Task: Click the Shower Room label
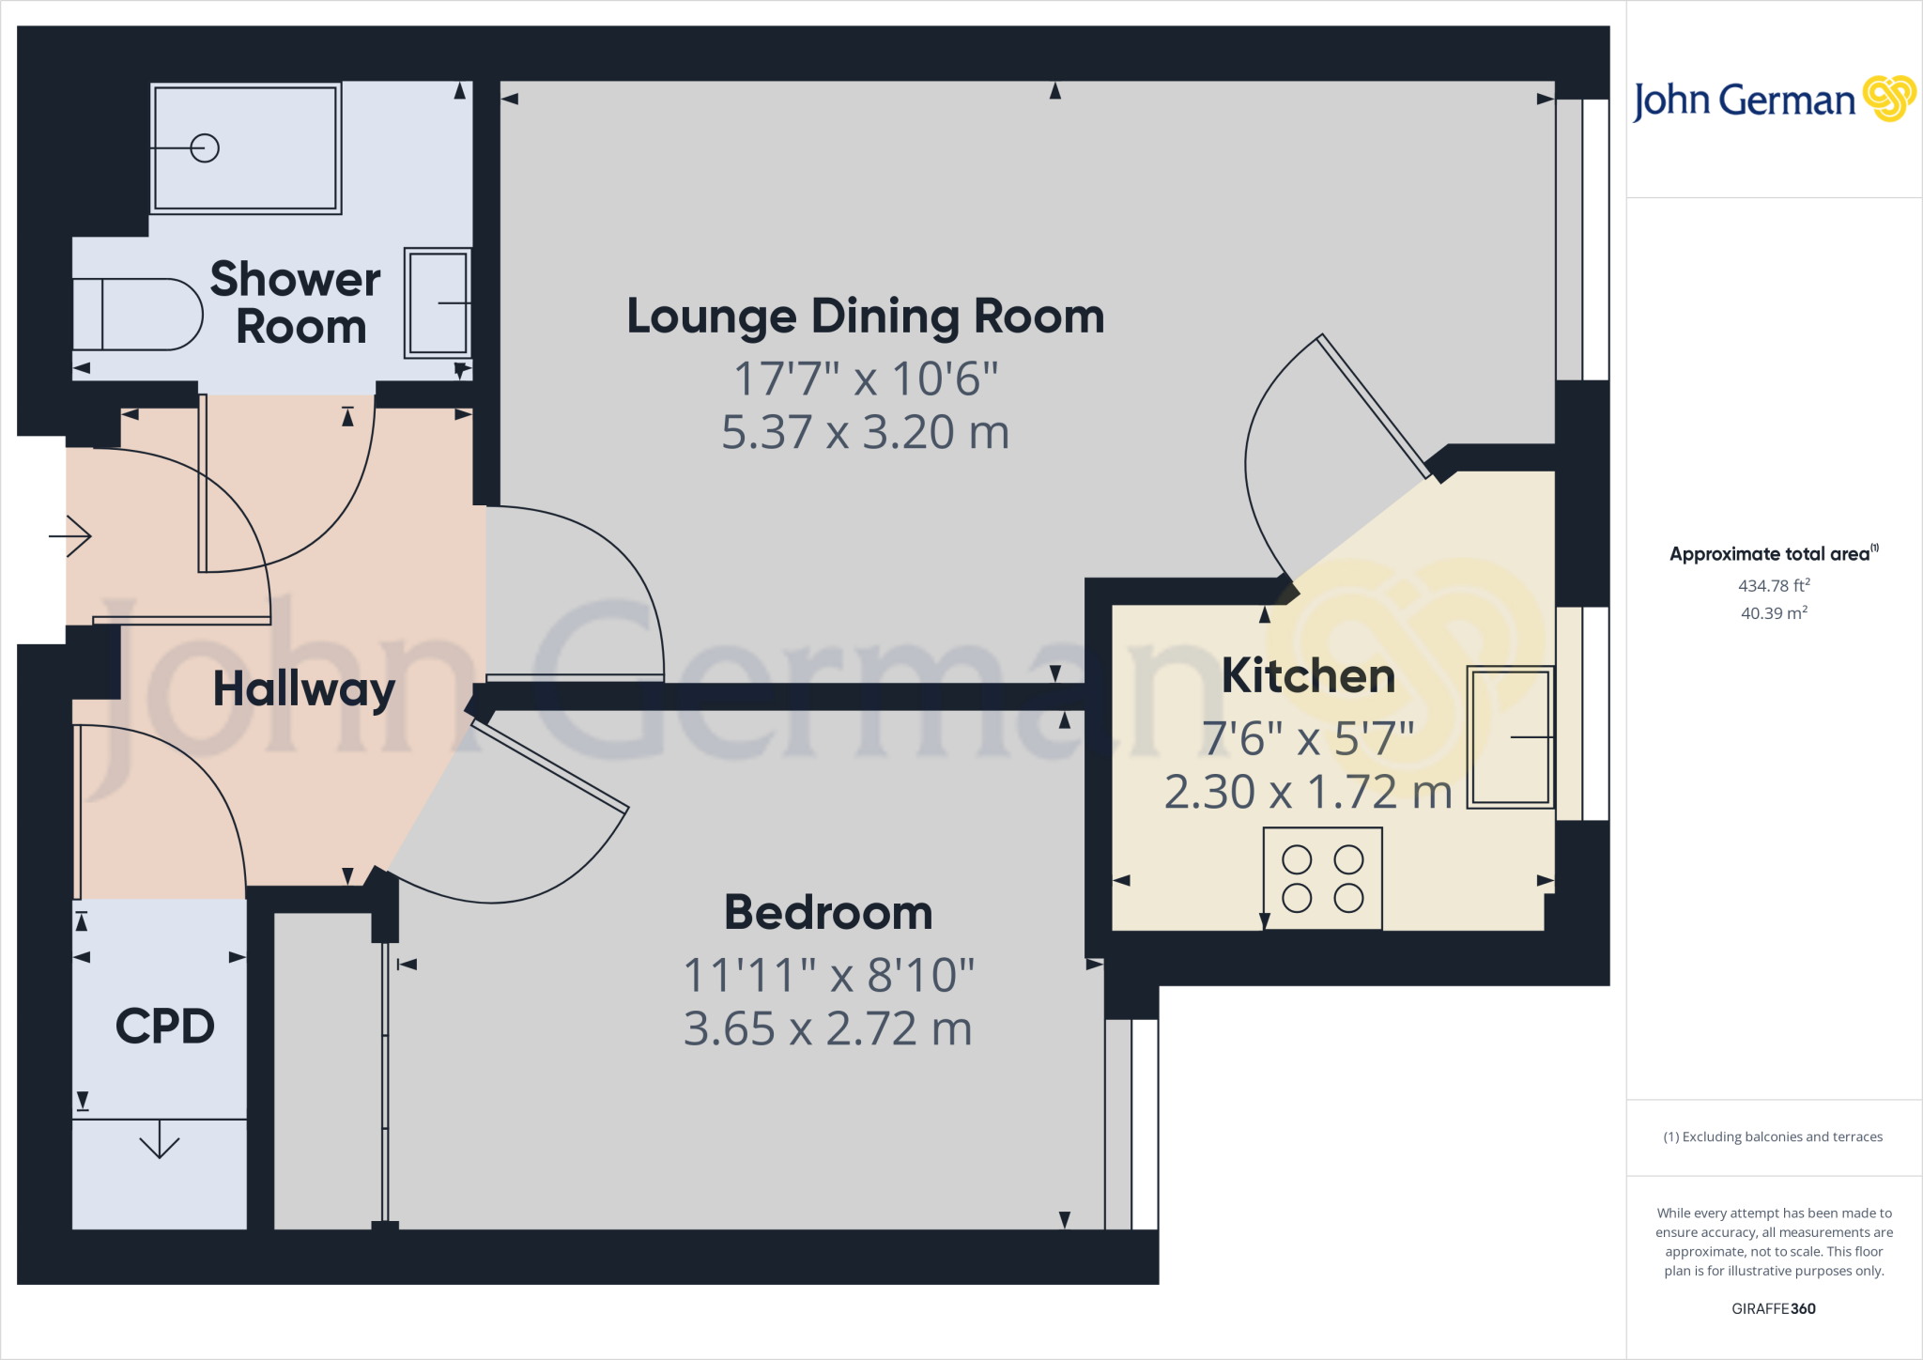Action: pos(296,302)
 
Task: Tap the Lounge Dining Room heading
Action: pos(865,317)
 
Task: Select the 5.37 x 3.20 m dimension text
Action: pos(865,433)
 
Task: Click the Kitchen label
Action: pos(1308,676)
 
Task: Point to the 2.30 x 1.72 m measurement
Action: pos(1308,793)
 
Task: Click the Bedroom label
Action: pos(828,913)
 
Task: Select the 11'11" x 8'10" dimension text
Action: pos(828,975)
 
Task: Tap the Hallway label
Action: pos(304,690)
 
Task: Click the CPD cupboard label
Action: pos(164,1027)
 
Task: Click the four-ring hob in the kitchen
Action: pos(1322,879)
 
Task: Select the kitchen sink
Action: pos(1510,737)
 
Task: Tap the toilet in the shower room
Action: pos(141,315)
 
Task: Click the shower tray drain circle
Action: pos(205,148)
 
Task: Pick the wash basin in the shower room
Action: pos(438,302)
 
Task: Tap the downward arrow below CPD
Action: pos(159,1141)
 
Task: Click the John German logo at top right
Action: pos(1773,100)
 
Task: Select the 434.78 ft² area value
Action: pos(1774,585)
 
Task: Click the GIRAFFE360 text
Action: pos(1773,1308)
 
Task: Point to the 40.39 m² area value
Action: pos(1774,613)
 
